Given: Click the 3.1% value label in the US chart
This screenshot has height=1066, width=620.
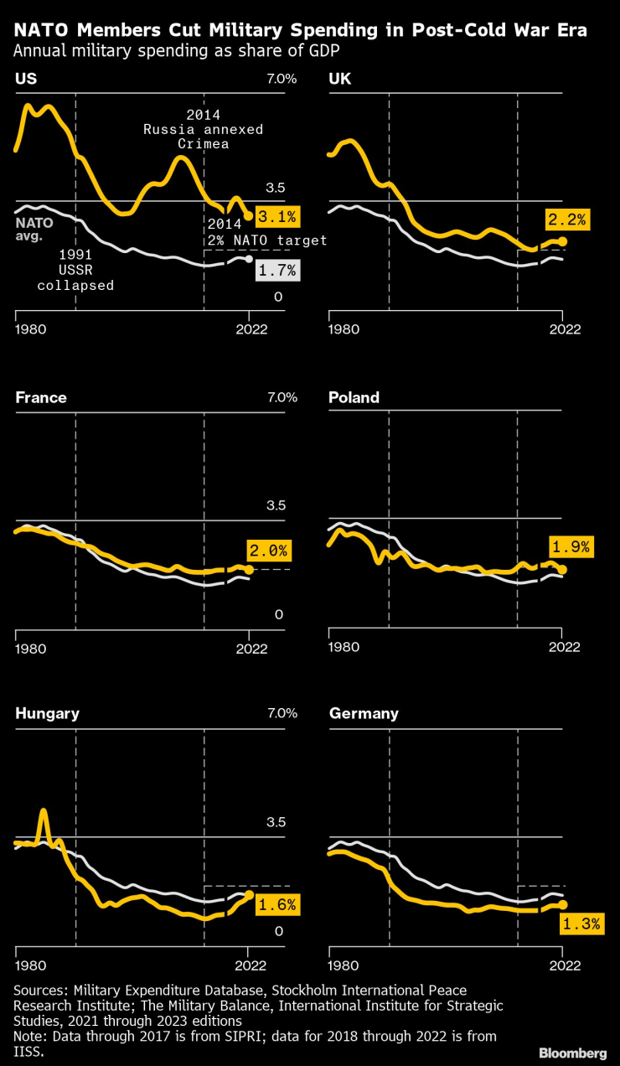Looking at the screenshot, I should tap(276, 216).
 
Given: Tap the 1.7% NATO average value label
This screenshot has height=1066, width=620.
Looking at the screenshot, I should tap(277, 271).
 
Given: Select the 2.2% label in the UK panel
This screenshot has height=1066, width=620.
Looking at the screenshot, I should tap(568, 220).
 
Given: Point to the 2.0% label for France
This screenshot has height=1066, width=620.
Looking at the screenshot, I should tap(268, 551).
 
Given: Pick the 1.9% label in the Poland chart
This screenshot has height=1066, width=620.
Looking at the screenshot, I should tap(570, 547).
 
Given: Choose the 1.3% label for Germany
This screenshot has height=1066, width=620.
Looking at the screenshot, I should tap(581, 924).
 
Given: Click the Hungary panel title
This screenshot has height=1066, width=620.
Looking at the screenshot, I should tap(47, 713).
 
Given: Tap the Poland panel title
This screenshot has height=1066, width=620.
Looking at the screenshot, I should tap(354, 397).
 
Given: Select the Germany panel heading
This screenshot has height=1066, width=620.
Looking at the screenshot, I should tap(364, 713).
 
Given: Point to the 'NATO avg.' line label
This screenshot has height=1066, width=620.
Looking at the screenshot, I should tap(34, 230).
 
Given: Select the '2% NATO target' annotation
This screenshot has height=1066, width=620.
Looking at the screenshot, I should tap(266, 240).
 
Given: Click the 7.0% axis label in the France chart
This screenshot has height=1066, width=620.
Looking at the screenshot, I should tap(282, 397).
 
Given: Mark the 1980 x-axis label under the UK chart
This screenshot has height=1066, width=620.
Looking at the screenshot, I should tap(344, 329).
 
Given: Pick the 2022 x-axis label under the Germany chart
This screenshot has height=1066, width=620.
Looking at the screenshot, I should tap(565, 963).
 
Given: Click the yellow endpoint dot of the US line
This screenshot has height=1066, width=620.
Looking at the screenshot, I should tap(249, 216).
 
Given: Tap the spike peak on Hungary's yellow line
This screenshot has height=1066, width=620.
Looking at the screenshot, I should tap(44, 810).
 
